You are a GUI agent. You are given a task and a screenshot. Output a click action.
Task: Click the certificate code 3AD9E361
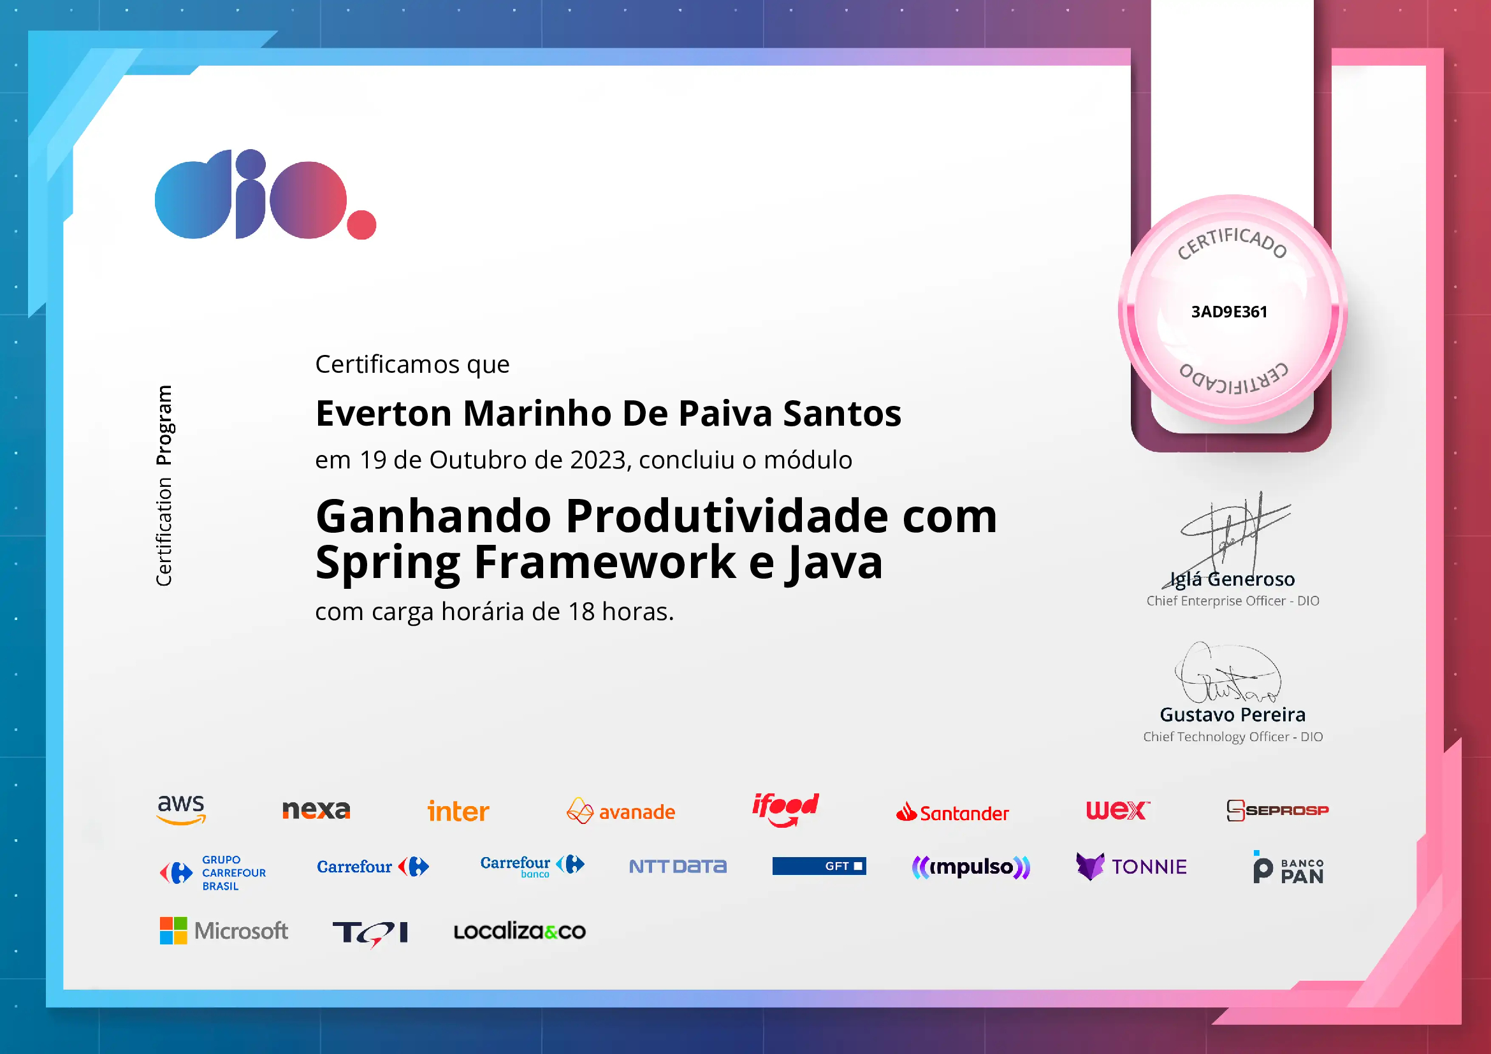click(1228, 312)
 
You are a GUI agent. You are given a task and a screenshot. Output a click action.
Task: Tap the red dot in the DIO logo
click(361, 224)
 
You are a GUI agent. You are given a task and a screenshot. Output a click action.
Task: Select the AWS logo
click(181, 809)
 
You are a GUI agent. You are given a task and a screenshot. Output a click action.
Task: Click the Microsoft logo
click(223, 930)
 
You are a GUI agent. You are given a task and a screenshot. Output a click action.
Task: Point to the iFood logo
click(785, 809)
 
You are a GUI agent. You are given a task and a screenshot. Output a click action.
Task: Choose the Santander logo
click(952, 812)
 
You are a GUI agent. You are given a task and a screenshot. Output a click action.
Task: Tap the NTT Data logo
click(678, 867)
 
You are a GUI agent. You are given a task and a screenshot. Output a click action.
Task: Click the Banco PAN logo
click(1288, 868)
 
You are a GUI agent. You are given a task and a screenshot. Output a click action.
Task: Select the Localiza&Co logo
click(520, 932)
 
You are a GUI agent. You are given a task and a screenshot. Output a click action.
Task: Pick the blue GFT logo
click(819, 866)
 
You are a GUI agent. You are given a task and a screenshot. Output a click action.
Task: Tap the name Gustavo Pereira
click(1233, 714)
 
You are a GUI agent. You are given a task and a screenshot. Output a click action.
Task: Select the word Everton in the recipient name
click(383, 414)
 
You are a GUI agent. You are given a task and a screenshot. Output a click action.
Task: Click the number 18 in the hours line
click(581, 611)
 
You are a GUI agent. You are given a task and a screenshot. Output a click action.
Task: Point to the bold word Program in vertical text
click(164, 425)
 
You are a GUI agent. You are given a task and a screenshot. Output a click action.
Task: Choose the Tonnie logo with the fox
click(1131, 867)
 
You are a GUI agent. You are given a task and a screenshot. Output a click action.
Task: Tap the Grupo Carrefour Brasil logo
click(213, 873)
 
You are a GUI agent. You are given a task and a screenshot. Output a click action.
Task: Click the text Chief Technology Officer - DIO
click(1233, 737)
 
